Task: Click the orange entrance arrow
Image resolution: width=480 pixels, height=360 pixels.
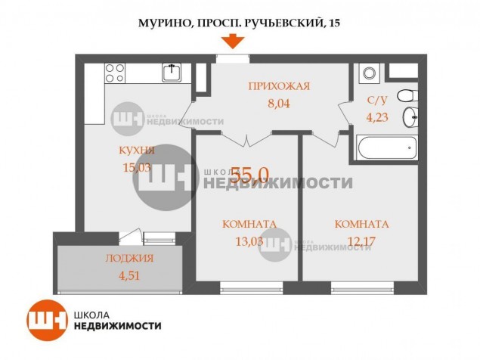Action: pos(233,41)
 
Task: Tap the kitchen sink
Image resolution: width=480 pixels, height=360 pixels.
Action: pos(172,73)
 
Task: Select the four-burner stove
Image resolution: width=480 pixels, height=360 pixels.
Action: pos(115,73)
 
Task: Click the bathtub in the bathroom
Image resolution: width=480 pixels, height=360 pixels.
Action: pos(387,148)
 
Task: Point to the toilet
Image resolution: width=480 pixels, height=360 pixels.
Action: pos(407,95)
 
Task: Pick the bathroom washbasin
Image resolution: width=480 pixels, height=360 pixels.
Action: pos(410,117)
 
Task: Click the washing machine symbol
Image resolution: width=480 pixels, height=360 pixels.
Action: pos(369,73)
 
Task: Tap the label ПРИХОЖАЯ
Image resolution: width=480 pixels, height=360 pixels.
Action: pos(279,86)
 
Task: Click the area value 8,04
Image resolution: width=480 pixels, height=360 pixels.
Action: pos(279,104)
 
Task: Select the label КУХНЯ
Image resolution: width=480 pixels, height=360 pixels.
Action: pos(137,151)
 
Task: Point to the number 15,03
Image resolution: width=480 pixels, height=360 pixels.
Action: pos(137,168)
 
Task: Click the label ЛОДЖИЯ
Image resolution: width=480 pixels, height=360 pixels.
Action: pos(129,259)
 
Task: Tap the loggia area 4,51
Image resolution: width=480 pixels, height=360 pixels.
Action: pos(129,276)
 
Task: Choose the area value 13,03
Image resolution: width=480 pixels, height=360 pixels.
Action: pos(249,241)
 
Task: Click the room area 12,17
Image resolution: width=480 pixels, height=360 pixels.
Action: pos(361,241)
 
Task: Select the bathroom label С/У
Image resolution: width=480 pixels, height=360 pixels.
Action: pos(377,100)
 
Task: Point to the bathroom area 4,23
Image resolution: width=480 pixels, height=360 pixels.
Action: pos(377,117)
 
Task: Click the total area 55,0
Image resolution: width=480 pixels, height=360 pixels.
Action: pos(249,175)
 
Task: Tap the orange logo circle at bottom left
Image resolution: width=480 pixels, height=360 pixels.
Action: pos(47,320)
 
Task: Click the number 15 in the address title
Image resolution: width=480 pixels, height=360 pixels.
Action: pos(335,23)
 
